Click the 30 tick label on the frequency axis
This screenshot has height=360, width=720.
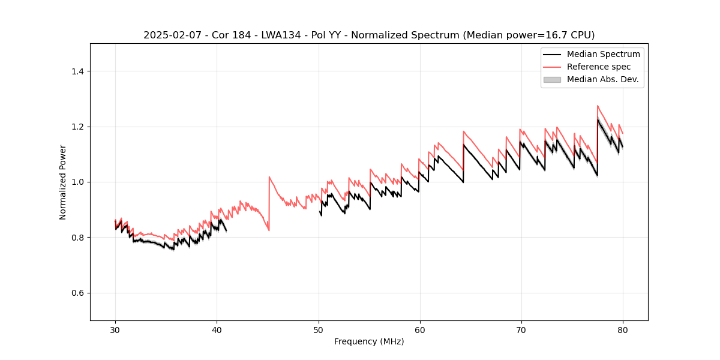tap(115, 329)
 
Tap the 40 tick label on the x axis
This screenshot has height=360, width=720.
tap(217, 329)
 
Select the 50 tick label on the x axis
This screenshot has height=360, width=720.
tap(318, 329)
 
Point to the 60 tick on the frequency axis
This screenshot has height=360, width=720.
tap(419, 329)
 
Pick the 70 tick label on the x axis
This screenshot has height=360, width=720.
tap(521, 329)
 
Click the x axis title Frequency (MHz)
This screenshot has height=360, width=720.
tap(369, 341)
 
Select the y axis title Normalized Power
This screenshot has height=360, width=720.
tap(62, 182)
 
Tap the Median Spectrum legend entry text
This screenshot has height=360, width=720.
tap(603, 54)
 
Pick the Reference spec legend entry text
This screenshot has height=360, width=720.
tap(599, 67)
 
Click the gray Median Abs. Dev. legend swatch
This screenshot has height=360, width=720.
tap(551, 79)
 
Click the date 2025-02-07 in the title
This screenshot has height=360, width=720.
tap(169, 35)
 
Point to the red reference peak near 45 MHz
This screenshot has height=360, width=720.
tap(269, 177)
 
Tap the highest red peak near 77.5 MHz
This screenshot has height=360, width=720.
tap(598, 106)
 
